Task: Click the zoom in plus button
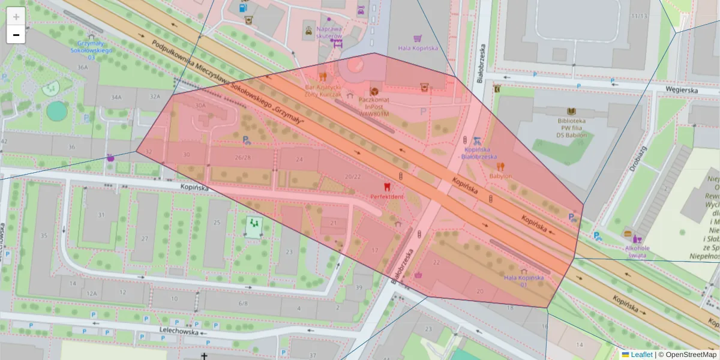tap(16, 17)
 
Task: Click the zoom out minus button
tap(16, 35)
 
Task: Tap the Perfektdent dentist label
tap(386, 196)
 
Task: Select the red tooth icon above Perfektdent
tap(386, 187)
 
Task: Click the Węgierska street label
tap(682, 89)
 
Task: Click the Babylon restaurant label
tap(500, 176)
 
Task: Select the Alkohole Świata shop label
tap(637, 251)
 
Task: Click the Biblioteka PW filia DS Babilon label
tap(571, 127)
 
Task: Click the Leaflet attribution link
tap(641, 355)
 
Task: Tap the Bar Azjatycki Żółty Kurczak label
tap(323, 91)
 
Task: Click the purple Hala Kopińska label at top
tap(418, 48)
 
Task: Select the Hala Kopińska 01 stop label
tap(523, 280)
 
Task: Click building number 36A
tap(82, 67)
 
